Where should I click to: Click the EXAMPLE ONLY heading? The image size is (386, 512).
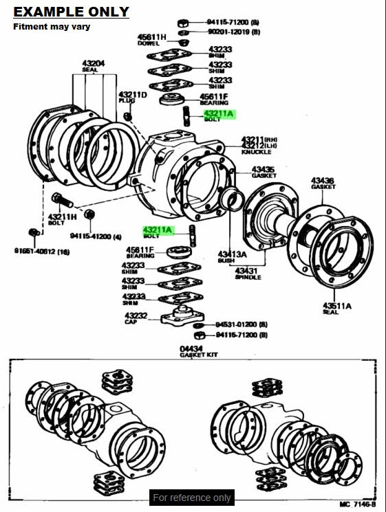(72, 12)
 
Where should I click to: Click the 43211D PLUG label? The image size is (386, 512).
(132, 97)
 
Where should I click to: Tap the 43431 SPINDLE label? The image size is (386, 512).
(248, 274)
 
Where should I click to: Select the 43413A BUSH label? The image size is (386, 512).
(231, 256)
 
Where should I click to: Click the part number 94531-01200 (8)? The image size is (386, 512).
(241, 324)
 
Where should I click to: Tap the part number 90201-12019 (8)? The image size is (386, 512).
(236, 32)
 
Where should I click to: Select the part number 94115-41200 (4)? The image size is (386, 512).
(96, 236)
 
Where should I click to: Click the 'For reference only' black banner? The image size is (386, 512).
(192, 497)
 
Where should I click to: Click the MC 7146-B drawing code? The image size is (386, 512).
(358, 504)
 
